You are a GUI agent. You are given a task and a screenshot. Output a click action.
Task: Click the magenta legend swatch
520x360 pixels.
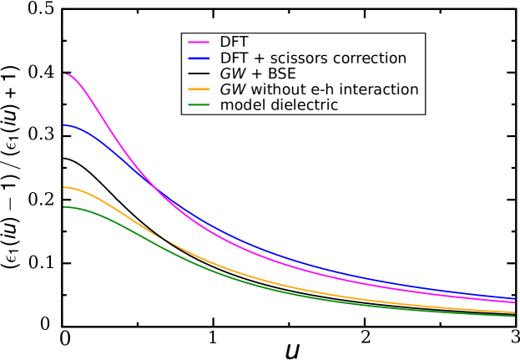pyautogui.click(x=199, y=42)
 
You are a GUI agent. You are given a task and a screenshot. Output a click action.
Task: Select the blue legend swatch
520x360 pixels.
pyautogui.click(x=199, y=58)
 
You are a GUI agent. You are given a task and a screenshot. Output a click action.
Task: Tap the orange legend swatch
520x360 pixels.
pyautogui.click(x=199, y=89)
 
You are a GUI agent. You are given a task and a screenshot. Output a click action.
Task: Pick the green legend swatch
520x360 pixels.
pyautogui.click(x=199, y=104)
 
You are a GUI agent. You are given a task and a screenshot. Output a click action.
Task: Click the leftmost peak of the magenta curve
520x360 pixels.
pyautogui.click(x=64, y=74)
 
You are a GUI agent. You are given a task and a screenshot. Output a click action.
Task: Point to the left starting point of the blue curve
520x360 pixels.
pyautogui.click(x=63, y=125)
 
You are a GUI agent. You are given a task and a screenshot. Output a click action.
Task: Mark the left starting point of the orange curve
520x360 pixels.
pyautogui.click(x=63, y=187)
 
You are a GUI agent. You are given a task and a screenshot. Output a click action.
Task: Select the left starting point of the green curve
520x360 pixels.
pyautogui.click(x=63, y=207)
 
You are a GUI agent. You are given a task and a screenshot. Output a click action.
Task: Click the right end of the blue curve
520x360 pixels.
pyautogui.click(x=514, y=298)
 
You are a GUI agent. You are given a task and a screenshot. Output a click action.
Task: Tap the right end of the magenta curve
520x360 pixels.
pyautogui.click(x=514, y=302)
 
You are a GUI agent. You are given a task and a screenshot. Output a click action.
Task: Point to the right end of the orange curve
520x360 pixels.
pyautogui.click(x=514, y=312)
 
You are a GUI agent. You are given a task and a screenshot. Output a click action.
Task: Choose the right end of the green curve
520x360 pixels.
pyautogui.click(x=514, y=316)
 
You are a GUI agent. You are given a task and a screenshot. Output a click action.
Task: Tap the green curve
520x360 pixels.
pyautogui.click(x=250, y=282)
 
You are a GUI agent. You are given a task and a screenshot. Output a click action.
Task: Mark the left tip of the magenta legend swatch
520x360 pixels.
pyautogui.click(x=189, y=42)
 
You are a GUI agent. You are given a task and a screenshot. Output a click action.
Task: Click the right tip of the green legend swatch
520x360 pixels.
pyautogui.click(x=210, y=104)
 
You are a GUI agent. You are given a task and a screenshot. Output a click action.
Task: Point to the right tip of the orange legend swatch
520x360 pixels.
pyautogui.click(x=210, y=89)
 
